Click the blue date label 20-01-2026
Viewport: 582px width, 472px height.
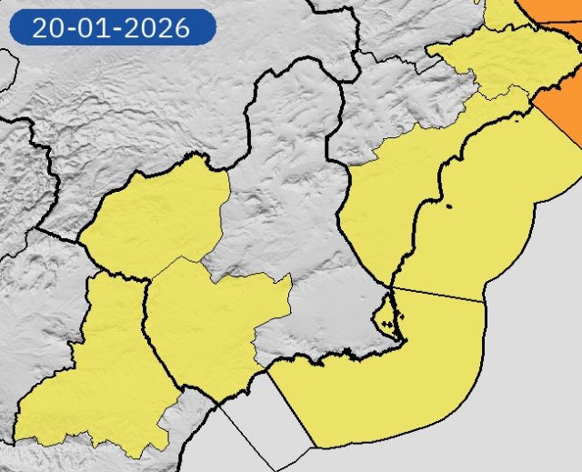(112, 27)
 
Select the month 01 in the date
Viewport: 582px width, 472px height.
(94, 27)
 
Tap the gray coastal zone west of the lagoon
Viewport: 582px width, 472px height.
(318, 327)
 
